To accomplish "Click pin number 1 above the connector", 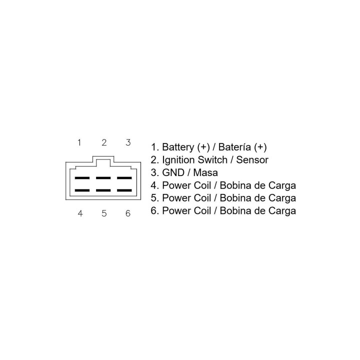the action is (x=79, y=142).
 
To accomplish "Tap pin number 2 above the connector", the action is (x=104, y=142).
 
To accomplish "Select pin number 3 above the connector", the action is (x=128, y=142).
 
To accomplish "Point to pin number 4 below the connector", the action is (x=80, y=213).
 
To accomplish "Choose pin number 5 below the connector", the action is (x=104, y=213).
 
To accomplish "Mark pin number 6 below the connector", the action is (x=128, y=213).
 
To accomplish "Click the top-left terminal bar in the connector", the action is (x=82, y=178).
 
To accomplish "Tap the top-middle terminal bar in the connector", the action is (x=103, y=178).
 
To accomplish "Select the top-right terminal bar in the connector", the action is (x=124, y=178).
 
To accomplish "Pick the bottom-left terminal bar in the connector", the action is (x=82, y=190).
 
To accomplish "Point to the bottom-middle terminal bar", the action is (x=103, y=190).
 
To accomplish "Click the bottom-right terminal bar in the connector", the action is (x=124, y=190).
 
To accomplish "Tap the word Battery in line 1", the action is (x=178, y=147).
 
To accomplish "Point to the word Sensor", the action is (x=252, y=160).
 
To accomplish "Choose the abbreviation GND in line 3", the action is (x=173, y=172).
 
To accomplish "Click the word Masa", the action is (x=205, y=172).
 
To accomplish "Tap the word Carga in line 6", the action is (x=282, y=211).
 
